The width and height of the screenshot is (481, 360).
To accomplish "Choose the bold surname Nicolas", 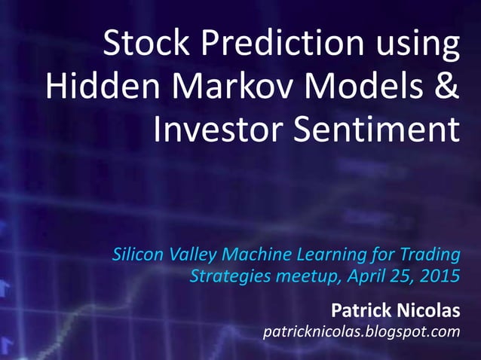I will (427, 310).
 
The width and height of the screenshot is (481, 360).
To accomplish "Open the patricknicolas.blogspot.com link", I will (360, 331).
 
